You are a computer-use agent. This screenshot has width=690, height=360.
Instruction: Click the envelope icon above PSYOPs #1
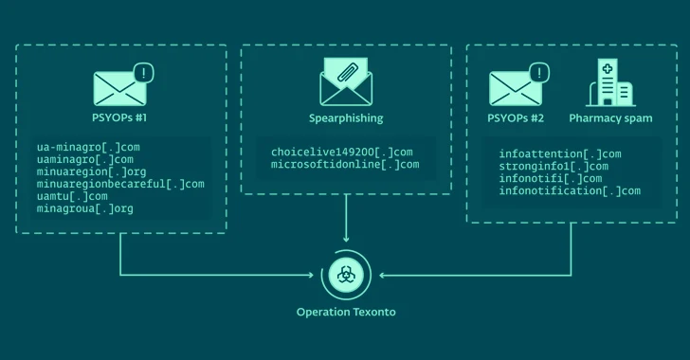(120, 86)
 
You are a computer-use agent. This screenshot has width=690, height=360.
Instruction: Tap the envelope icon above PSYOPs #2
(516, 86)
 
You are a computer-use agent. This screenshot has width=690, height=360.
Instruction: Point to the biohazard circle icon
(345, 275)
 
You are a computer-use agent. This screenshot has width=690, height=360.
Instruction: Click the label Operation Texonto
(345, 312)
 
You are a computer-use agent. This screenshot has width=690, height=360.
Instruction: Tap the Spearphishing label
(345, 118)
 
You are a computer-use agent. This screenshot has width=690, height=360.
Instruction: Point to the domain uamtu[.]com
(72, 196)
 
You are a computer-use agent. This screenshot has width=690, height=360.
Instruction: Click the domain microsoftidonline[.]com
(344, 165)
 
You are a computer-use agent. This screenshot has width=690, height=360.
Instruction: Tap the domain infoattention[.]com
(559, 153)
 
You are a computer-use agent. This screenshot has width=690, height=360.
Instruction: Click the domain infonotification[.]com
(569, 190)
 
